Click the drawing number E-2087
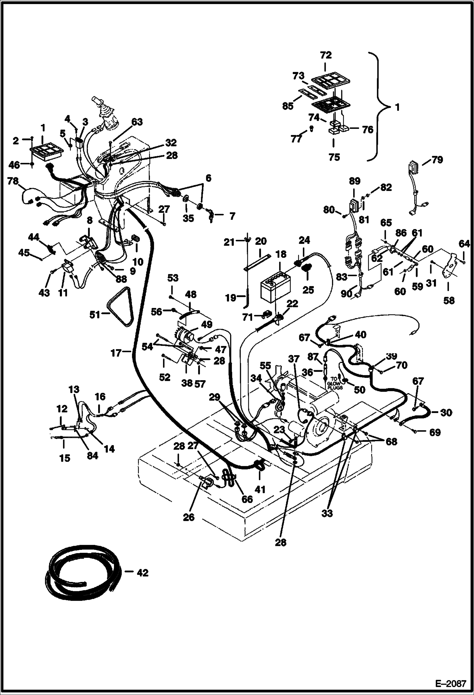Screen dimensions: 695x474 [x=451, y=683]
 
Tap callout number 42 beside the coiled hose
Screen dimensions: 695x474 [x=143, y=573]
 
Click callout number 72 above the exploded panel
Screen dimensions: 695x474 [x=326, y=55]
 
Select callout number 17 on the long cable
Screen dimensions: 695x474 [x=116, y=352]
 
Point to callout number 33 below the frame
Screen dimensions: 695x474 [x=327, y=513]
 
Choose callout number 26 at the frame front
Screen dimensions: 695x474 [x=189, y=517]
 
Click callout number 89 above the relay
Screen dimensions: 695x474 [x=355, y=181]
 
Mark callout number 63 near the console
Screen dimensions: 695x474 [x=137, y=122]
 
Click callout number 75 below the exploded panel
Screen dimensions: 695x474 [x=334, y=157]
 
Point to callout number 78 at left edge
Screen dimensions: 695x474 [x=13, y=181]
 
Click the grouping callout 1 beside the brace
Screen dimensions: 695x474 [x=397, y=107]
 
